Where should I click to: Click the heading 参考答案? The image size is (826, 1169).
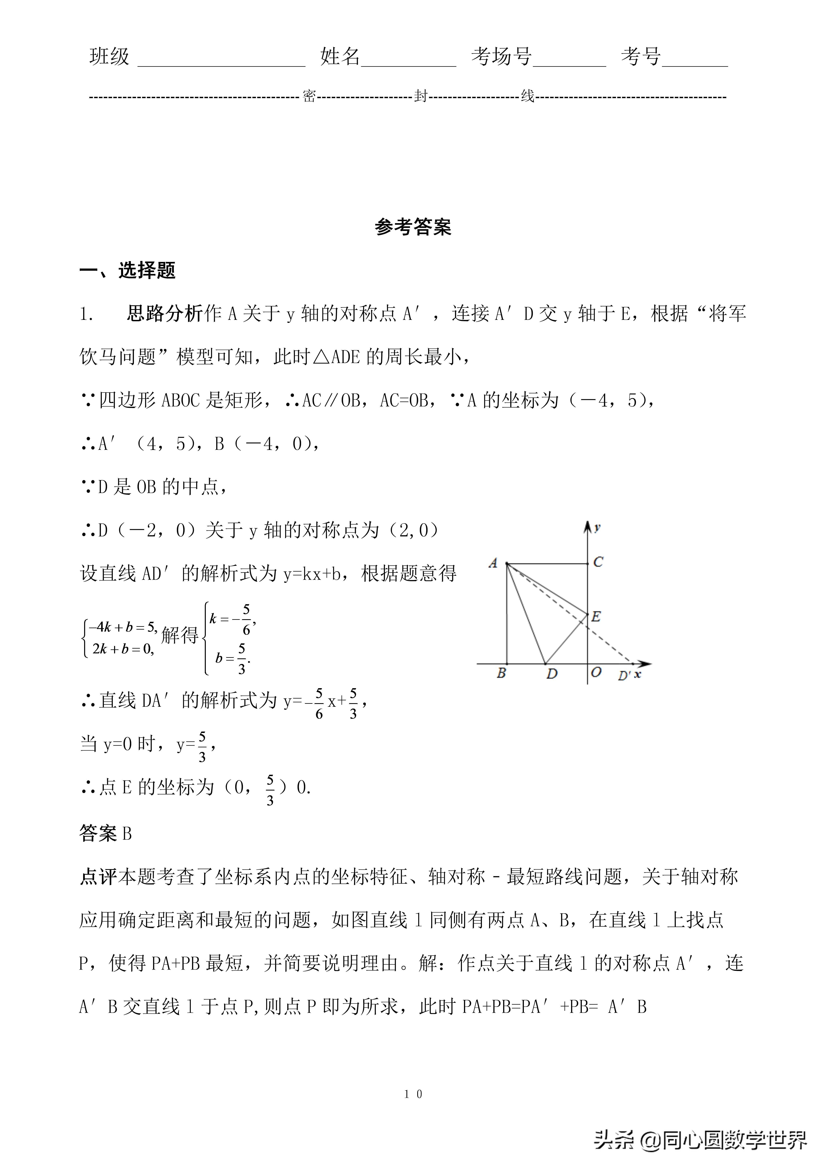point(413,227)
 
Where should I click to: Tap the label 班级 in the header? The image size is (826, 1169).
point(109,57)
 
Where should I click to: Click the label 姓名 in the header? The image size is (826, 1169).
point(340,57)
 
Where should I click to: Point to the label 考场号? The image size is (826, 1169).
point(501,57)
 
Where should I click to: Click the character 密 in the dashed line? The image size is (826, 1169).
point(309,96)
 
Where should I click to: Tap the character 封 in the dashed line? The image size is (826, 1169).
point(420,96)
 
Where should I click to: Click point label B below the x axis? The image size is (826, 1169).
point(501,673)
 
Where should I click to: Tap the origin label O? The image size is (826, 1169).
point(596,672)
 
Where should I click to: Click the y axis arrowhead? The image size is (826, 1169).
point(588,526)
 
